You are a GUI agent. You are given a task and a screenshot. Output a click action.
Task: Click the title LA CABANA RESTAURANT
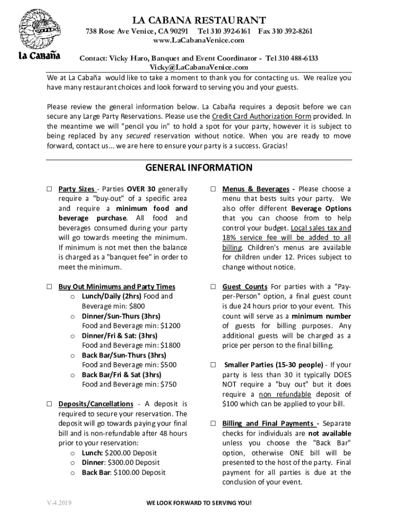199,20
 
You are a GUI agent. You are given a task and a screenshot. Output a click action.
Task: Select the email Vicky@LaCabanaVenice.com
199,67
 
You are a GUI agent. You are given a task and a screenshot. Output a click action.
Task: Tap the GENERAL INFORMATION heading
199,168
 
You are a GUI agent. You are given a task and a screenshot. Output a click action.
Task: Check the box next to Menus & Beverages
212,189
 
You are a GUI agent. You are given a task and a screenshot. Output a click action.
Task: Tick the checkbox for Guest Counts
212,287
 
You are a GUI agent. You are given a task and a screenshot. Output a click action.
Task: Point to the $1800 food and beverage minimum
171,346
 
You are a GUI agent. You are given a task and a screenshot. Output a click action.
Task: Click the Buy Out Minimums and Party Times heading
117,287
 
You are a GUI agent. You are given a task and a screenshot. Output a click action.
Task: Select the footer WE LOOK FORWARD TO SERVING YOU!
199,504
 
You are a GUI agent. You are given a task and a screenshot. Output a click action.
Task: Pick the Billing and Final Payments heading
268,424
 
